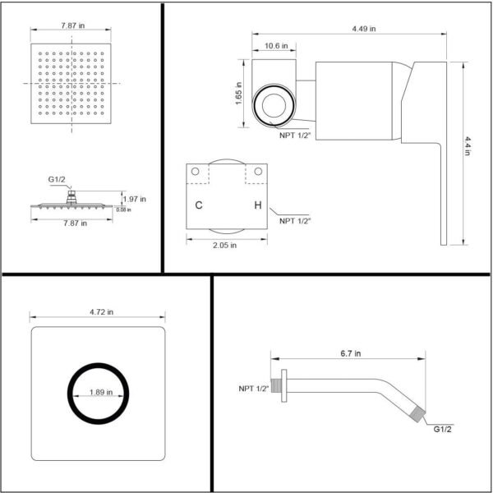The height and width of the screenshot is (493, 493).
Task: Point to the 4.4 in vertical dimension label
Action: [x=468, y=150]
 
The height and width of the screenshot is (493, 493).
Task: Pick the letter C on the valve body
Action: [x=199, y=205]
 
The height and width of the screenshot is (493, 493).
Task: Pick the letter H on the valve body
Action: [x=258, y=205]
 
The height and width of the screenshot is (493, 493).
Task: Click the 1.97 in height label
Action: [x=134, y=199]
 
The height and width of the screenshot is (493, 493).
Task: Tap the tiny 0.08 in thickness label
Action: [x=123, y=210]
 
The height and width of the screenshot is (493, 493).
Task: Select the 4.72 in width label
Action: [x=99, y=312]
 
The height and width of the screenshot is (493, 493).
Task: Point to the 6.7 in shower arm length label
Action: [x=348, y=353]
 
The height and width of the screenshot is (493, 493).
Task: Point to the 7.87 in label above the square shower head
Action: [x=71, y=25]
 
